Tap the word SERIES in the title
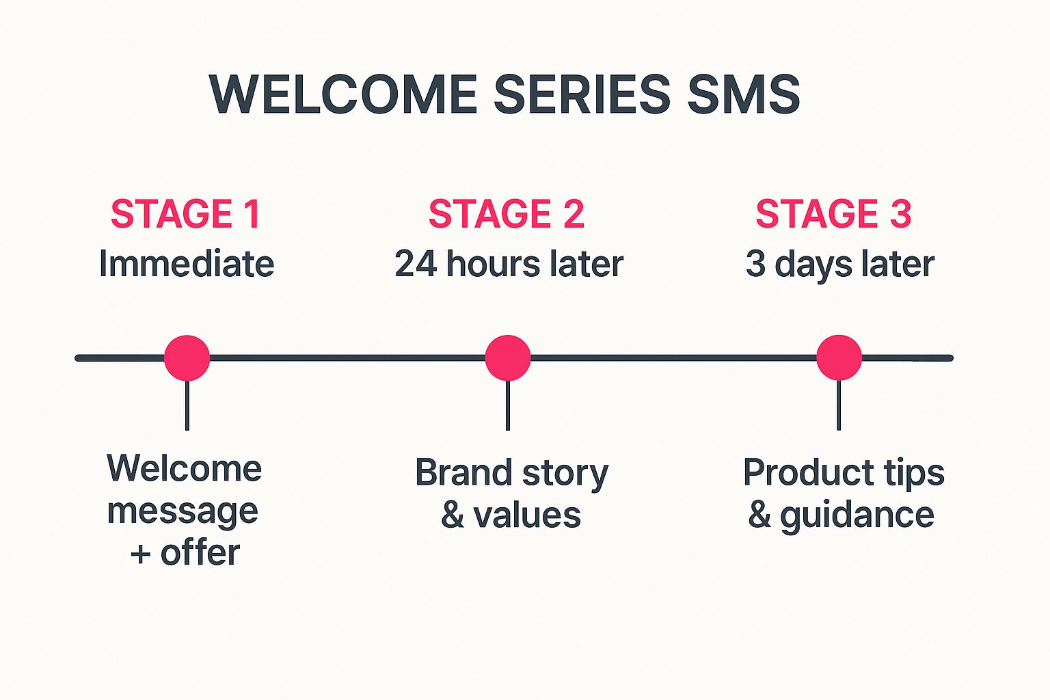pyautogui.click(x=582, y=94)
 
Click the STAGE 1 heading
pyautogui.click(x=186, y=214)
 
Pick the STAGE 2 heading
pyautogui.click(x=507, y=214)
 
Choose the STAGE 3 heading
pyautogui.click(x=833, y=214)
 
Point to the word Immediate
pyautogui.click(x=187, y=264)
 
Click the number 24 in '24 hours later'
pyautogui.click(x=416, y=264)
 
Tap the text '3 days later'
pyautogui.click(x=839, y=264)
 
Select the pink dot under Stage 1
pyautogui.click(x=187, y=358)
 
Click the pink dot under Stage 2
pyautogui.click(x=508, y=358)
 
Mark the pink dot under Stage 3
pyautogui.click(x=839, y=358)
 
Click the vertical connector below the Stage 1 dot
pyautogui.click(x=187, y=406)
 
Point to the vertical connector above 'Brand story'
pyautogui.click(x=508, y=406)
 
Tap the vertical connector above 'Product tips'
pyautogui.click(x=839, y=406)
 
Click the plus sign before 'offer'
pyautogui.click(x=140, y=554)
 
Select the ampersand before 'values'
pyautogui.click(x=453, y=515)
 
